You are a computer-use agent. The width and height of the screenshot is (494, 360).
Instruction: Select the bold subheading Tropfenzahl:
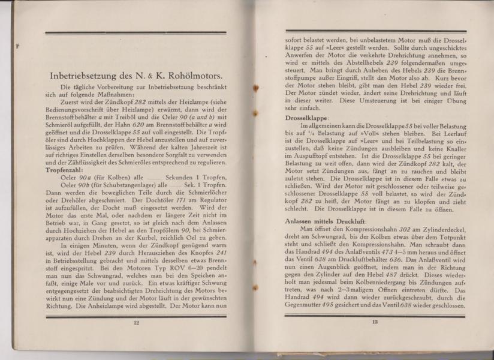tap(65, 170)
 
